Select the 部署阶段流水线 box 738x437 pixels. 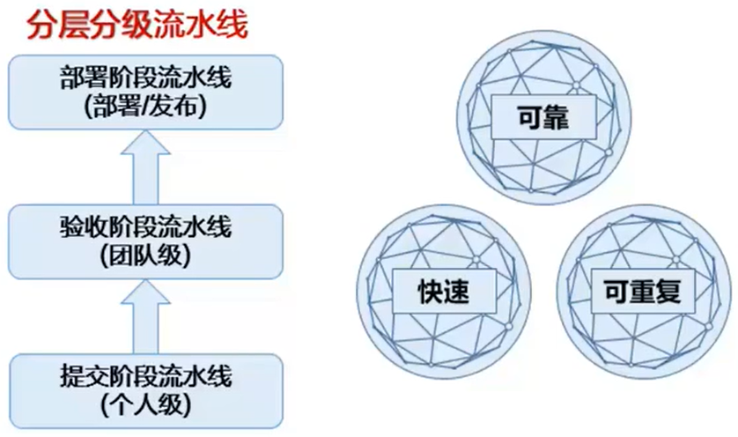click(145, 93)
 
